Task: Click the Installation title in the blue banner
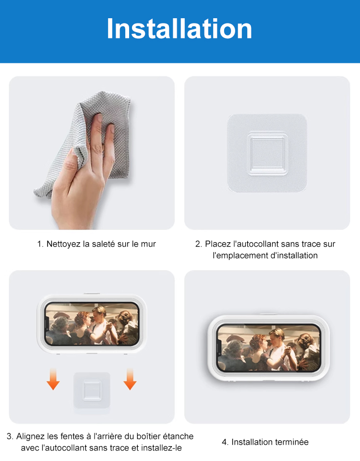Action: tap(180, 28)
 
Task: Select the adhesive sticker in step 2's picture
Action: tap(267, 153)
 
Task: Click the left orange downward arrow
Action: tap(53, 379)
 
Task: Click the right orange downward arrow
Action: tap(130, 379)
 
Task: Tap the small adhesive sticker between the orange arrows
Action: tap(92, 390)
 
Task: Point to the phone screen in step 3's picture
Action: tap(92, 324)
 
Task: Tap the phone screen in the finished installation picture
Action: tap(269, 348)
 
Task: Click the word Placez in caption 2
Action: tap(217, 244)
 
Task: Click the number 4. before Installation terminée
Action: tap(225, 442)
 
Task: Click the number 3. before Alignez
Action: tap(10, 437)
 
